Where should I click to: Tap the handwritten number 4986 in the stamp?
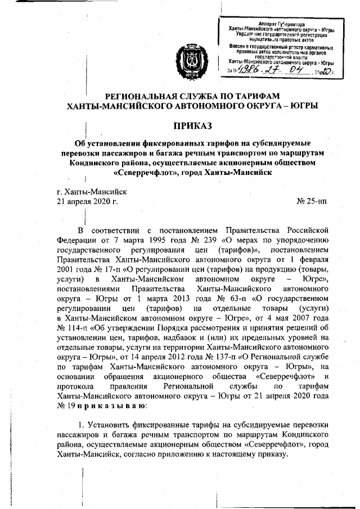(x=251, y=70)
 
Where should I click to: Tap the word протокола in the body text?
(x=76, y=384)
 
